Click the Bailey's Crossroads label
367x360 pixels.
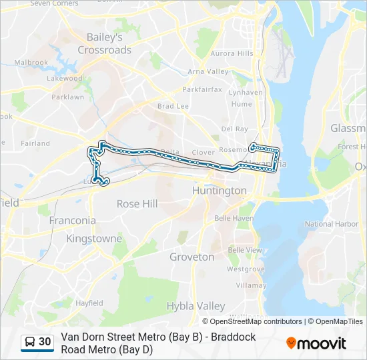point(105,43)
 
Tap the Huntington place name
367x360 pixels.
point(219,191)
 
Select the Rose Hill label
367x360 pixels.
point(137,204)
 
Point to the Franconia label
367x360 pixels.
point(73,220)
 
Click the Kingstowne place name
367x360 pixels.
point(94,239)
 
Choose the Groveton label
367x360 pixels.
point(192,257)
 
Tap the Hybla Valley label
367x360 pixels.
point(196,306)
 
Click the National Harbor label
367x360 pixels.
point(331,225)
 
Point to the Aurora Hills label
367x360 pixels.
point(232,53)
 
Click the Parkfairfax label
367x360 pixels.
point(202,89)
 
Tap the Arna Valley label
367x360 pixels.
point(208,72)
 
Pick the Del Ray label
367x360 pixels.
point(234,129)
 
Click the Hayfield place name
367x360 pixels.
point(89,303)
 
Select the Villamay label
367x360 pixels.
point(250,285)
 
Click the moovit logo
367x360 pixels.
point(316,343)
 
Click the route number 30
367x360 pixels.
point(45,342)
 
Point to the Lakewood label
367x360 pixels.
point(64,79)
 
